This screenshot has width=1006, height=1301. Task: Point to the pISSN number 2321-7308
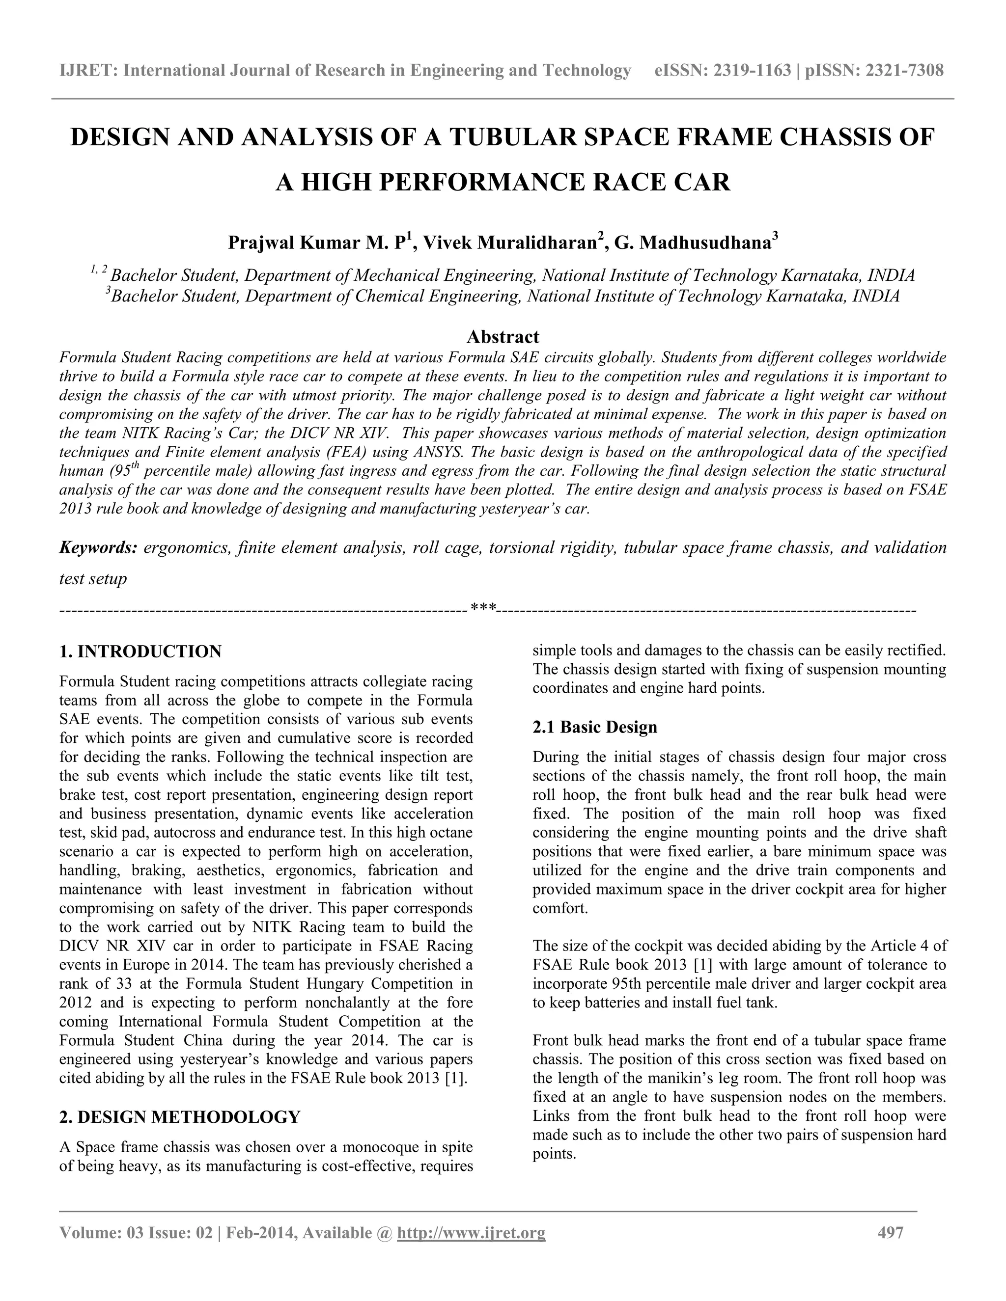tap(904, 71)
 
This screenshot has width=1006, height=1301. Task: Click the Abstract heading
tap(503, 337)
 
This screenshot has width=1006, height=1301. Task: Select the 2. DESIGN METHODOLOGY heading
tap(180, 1117)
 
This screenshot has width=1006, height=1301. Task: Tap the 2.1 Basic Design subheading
tap(595, 728)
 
